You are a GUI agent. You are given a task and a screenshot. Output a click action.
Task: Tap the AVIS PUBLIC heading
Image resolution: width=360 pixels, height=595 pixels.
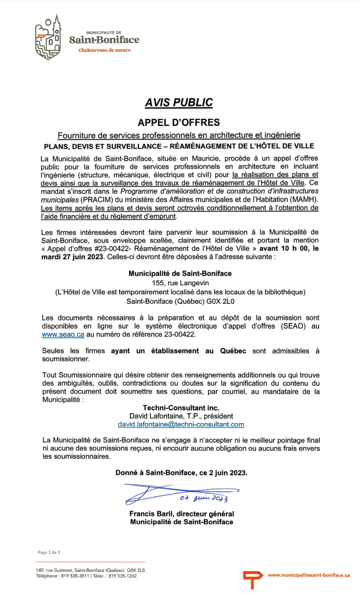pos(179,103)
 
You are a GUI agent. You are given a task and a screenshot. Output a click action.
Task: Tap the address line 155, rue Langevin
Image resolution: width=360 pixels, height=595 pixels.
pos(179,282)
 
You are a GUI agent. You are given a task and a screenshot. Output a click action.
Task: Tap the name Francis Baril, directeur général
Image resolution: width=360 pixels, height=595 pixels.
pos(181,514)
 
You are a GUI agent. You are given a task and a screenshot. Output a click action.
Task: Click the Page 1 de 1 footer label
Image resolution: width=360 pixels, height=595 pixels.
pos(49,552)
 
